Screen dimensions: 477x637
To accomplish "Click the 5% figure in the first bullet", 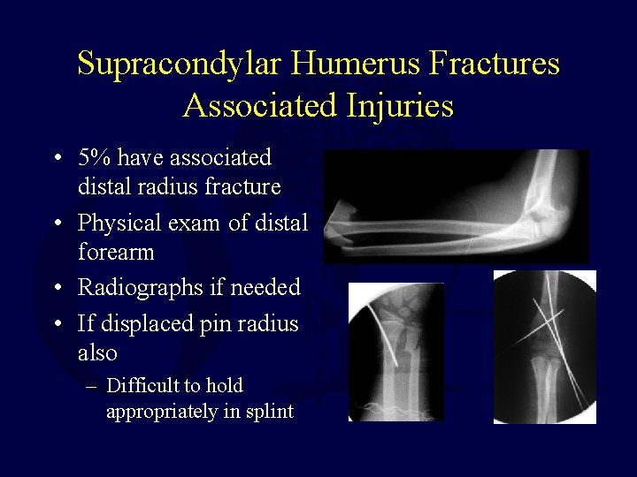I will click(95, 158).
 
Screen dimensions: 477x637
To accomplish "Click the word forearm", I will click(116, 253).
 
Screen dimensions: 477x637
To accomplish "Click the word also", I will click(97, 352).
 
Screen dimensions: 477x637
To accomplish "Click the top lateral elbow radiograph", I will click(456, 206).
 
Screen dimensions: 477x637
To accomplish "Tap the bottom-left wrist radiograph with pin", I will click(395, 352).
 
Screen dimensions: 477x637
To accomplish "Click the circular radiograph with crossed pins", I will click(545, 346).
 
